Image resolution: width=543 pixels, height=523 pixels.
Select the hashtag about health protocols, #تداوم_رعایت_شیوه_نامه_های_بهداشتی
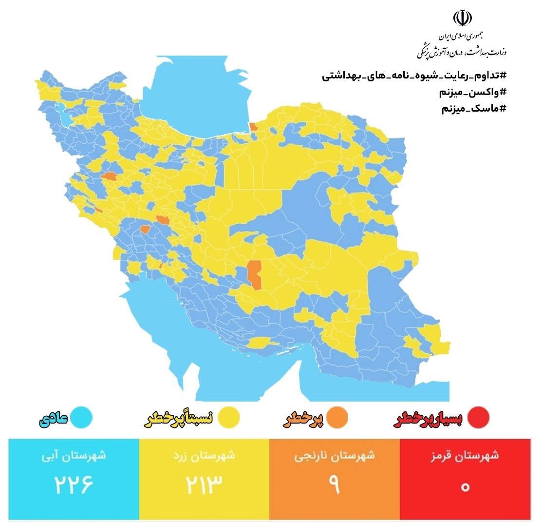point(414,77)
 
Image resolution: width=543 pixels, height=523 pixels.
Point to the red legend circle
point(478,417)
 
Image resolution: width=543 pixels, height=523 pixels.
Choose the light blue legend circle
point(81,417)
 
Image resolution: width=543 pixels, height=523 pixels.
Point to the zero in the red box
point(465,486)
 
